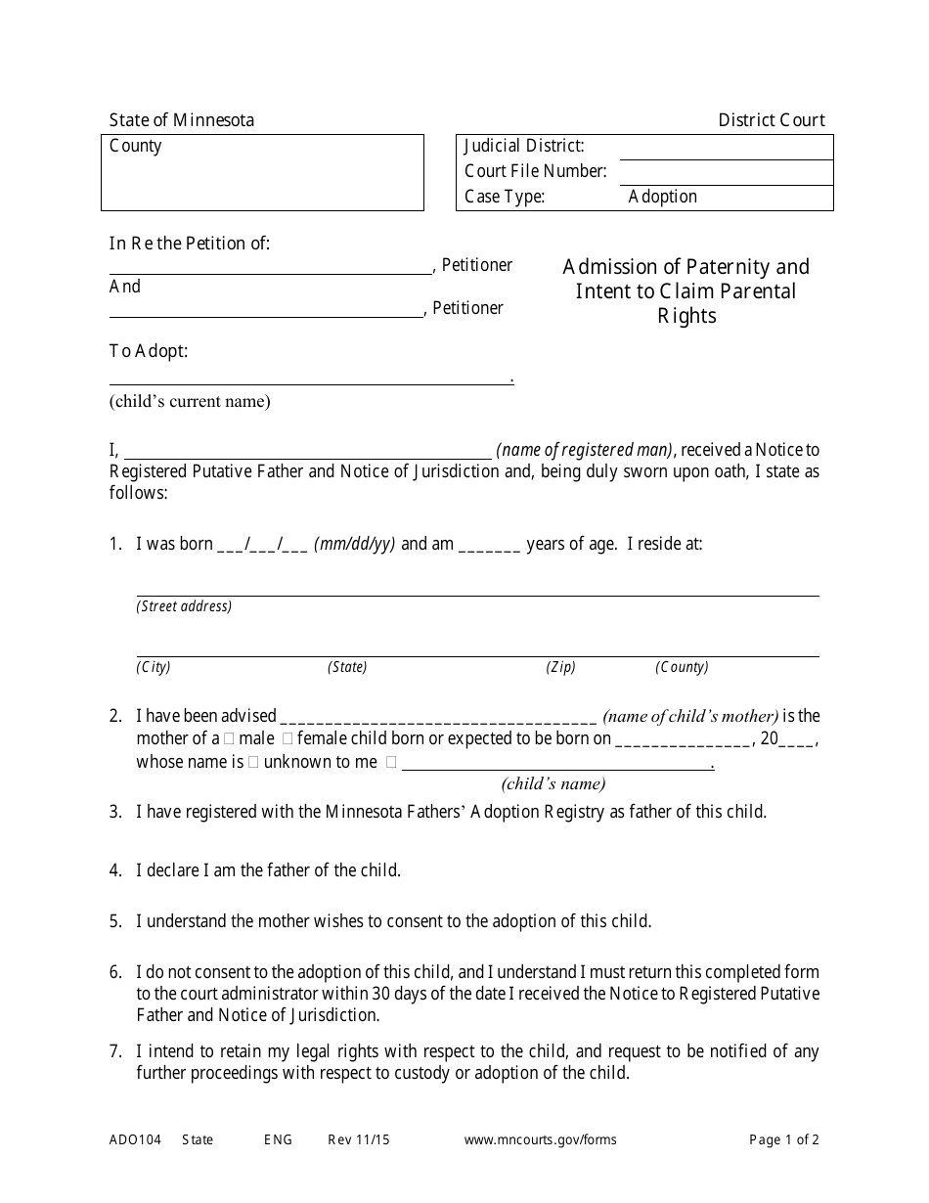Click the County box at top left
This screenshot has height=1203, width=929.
262,172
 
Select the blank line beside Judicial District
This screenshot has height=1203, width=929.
726,149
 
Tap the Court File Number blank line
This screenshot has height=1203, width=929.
726,173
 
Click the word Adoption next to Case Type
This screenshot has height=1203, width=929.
662,197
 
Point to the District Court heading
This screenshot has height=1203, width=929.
772,120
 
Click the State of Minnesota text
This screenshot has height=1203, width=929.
182,120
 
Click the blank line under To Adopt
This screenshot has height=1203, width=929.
311,377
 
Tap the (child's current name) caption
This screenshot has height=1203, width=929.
190,401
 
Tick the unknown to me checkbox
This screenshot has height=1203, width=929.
253,763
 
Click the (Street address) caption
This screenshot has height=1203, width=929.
184,606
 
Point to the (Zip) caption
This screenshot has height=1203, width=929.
560,667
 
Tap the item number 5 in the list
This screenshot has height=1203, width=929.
115,921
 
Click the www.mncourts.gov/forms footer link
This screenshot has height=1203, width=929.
540,1139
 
